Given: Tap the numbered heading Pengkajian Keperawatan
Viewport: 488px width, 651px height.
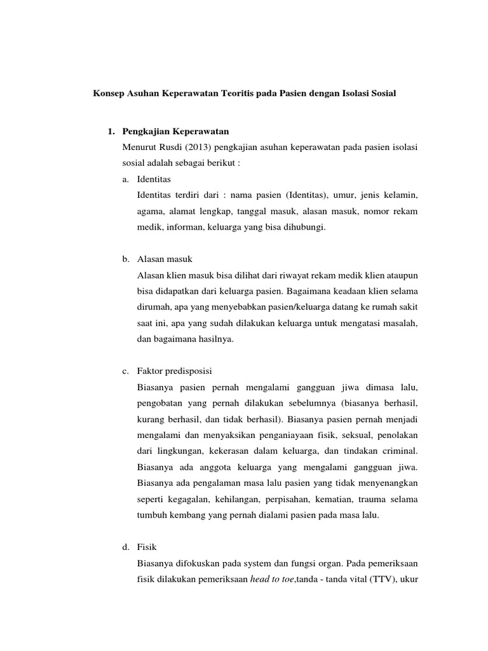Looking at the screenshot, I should (x=175, y=132).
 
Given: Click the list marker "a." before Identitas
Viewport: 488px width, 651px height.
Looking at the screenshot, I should (x=126, y=179).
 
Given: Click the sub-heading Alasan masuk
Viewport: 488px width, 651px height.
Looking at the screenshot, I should (x=165, y=259).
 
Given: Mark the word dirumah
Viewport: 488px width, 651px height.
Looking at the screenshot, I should (x=152, y=307).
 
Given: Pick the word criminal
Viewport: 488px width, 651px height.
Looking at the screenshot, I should (x=398, y=452).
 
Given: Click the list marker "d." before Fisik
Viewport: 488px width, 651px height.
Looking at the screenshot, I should (x=126, y=546).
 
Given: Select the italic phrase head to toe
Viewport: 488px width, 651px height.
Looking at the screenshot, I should (x=273, y=579).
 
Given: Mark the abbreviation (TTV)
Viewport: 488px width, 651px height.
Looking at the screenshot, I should (x=379, y=579).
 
